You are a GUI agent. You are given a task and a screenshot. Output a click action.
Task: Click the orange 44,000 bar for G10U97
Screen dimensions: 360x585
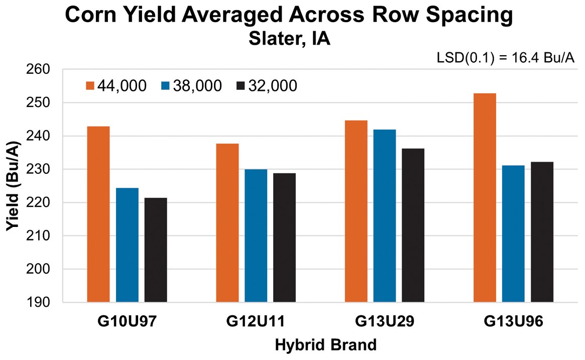click(98, 214)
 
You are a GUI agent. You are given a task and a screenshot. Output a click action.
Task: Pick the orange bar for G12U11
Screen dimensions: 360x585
click(227, 223)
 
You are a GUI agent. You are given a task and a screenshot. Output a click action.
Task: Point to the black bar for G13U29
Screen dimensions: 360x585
click(413, 225)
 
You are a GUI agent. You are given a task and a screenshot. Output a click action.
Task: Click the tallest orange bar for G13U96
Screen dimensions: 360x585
click(485, 198)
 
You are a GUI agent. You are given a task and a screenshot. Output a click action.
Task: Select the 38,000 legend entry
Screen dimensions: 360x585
click(191, 86)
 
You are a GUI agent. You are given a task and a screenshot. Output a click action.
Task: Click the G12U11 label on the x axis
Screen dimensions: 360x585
click(256, 321)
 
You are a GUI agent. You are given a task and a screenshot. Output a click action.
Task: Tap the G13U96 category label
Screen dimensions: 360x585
click(513, 321)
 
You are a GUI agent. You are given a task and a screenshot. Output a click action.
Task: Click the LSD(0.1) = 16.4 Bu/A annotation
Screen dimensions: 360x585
click(506, 59)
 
